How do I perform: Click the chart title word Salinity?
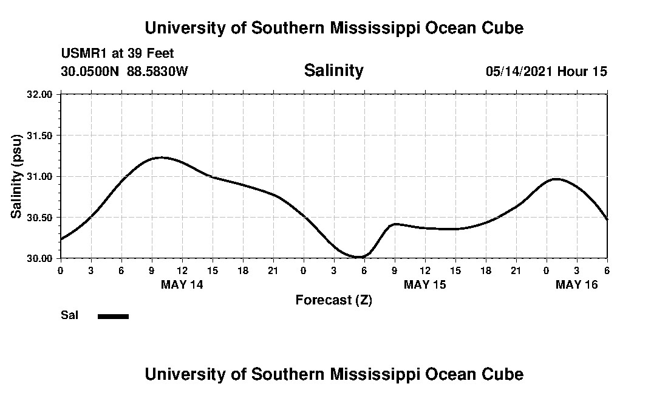pos(333,70)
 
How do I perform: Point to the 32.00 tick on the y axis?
pos(40,94)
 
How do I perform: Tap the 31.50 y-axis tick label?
pos(40,136)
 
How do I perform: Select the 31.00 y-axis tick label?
pos(40,176)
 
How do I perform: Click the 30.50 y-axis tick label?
pos(40,218)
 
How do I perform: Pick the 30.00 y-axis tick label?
pos(40,258)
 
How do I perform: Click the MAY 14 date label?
pos(182,284)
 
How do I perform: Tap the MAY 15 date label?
pos(425,284)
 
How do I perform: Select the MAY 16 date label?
pos(577,284)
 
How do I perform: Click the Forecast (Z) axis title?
pos(333,300)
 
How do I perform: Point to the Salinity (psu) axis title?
pos(16,176)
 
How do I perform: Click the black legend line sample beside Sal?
pos(113,316)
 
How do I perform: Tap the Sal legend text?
pos(69,315)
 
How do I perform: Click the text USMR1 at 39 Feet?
pos(117,54)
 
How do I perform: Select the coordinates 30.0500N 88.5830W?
pos(124,71)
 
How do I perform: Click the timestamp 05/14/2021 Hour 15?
pos(546,71)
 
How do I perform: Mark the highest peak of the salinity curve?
pos(161,157)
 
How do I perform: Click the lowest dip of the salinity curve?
pos(359,257)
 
